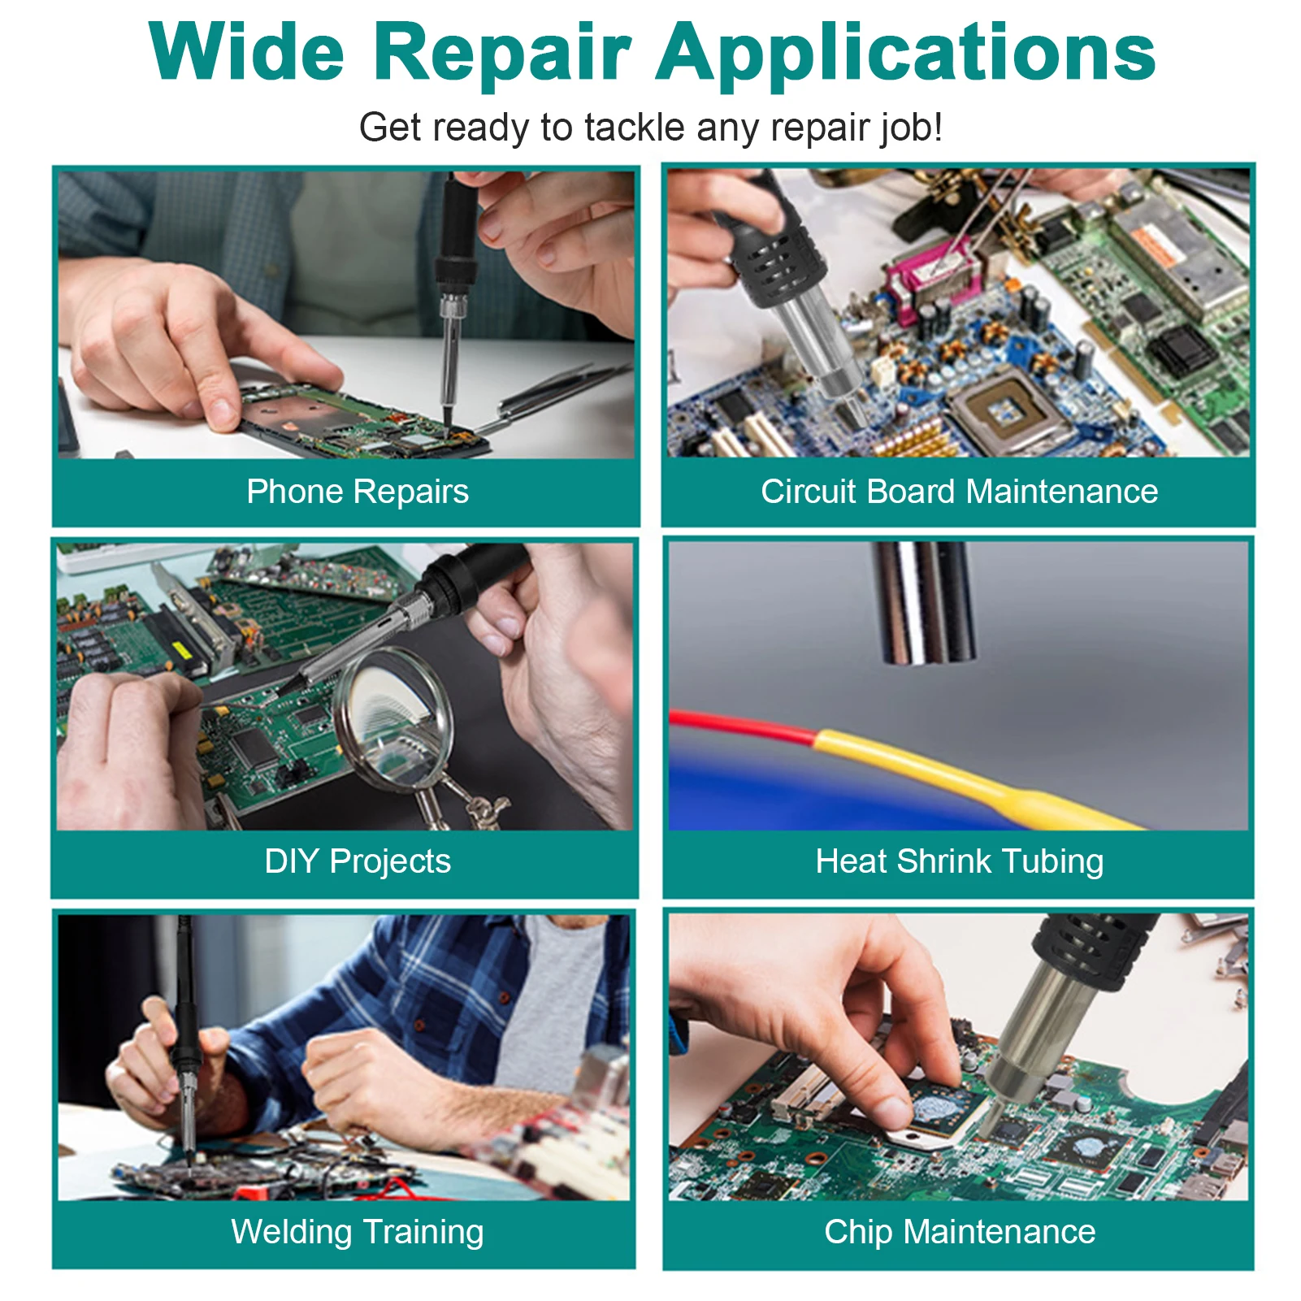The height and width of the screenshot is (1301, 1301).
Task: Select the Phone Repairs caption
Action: pyautogui.click(x=358, y=492)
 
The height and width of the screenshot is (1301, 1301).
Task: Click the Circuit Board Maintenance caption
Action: pyautogui.click(x=959, y=492)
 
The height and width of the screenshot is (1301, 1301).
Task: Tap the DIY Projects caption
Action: pyautogui.click(x=358, y=861)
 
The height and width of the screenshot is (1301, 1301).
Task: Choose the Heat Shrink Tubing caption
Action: pyautogui.click(x=959, y=861)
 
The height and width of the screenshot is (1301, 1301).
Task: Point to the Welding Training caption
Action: pyautogui.click(x=358, y=1232)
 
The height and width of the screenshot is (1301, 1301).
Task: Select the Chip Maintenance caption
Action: pyautogui.click(x=959, y=1232)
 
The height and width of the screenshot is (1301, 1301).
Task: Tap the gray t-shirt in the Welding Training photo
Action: pyautogui.click(x=561, y=1000)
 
